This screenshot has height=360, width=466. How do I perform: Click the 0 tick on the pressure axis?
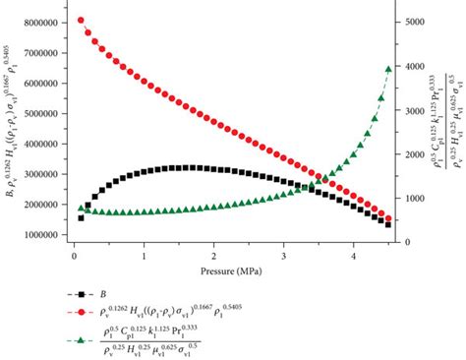click(74, 257)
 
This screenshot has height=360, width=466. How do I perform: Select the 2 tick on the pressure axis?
click(214, 257)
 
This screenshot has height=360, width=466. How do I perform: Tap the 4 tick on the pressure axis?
click(354, 257)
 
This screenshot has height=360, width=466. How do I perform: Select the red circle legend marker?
click(88, 313)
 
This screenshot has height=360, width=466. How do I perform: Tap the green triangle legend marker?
click(88, 340)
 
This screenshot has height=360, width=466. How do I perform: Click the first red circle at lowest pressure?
click(81, 20)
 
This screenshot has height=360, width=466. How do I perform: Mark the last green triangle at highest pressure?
click(388, 69)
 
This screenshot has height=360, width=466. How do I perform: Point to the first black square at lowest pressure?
click(81, 217)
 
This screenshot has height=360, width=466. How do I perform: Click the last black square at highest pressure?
click(388, 225)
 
